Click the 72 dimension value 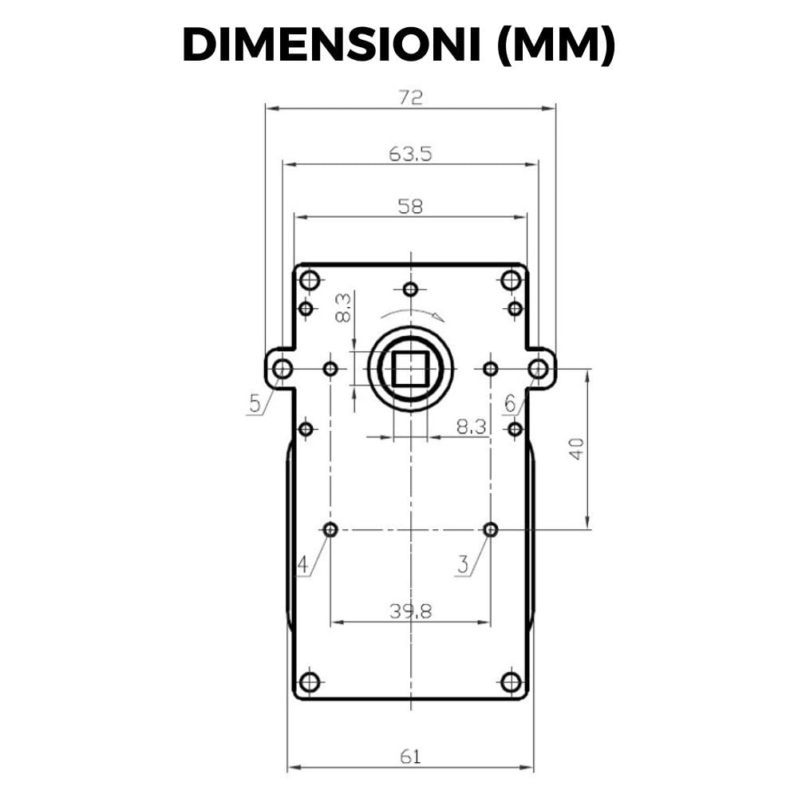click(x=411, y=97)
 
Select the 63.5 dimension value click(x=410, y=153)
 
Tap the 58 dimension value click(x=410, y=206)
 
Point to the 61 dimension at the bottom click(x=411, y=757)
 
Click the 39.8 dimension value click(x=411, y=610)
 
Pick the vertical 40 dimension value click(x=577, y=448)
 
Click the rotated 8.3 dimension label click(x=343, y=307)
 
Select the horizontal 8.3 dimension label click(x=472, y=426)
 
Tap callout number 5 click(x=255, y=404)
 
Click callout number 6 click(x=510, y=404)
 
